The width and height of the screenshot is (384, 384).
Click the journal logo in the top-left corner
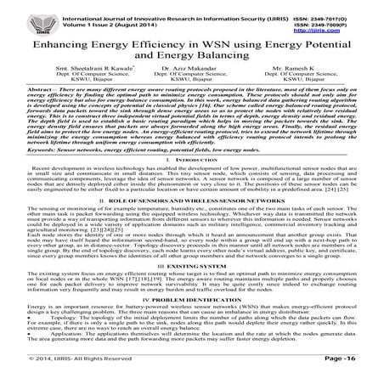[21, 14]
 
